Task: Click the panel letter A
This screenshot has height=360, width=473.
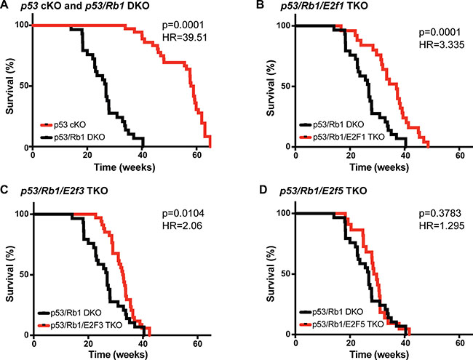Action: tap(7, 7)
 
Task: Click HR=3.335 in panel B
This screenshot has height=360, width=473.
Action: tap(422, 55)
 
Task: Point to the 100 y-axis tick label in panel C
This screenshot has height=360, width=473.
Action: tap(22, 214)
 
